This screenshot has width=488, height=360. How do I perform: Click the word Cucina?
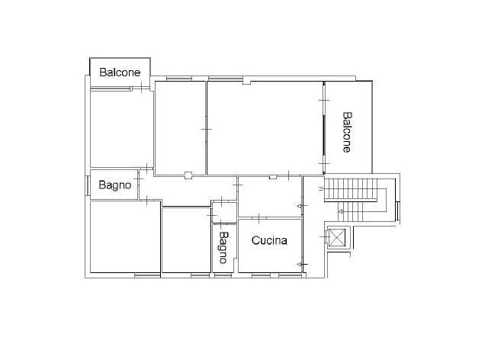coord(269,240)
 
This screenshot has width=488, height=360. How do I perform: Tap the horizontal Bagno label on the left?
coord(115,185)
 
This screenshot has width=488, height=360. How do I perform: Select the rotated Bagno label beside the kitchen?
coord(223,248)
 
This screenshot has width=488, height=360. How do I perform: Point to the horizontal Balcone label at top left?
coord(120,72)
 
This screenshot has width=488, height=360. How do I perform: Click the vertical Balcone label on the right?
coord(348,133)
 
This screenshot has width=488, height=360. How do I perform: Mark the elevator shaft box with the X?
coord(337,238)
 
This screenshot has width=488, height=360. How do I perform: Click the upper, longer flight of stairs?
coord(351,189)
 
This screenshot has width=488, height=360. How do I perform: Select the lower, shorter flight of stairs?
coord(351,212)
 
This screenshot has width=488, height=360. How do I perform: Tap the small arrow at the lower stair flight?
coord(341,212)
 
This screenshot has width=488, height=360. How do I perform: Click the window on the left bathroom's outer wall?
coord(88,186)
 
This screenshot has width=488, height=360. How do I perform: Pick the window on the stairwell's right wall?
coord(398,211)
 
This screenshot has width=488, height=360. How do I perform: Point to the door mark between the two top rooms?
coord(206,129)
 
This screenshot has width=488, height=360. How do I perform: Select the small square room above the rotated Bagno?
coord(224,212)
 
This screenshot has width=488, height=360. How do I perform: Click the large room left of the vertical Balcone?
coord(265,128)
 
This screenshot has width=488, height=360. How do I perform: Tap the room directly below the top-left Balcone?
coord(122,129)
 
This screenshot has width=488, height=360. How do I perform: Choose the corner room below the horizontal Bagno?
coord(125,236)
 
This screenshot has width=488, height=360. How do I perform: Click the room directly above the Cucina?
coord(269,196)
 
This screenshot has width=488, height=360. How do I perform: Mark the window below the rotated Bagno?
coord(223,275)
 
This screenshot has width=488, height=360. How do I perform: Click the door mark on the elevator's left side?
coord(325,237)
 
